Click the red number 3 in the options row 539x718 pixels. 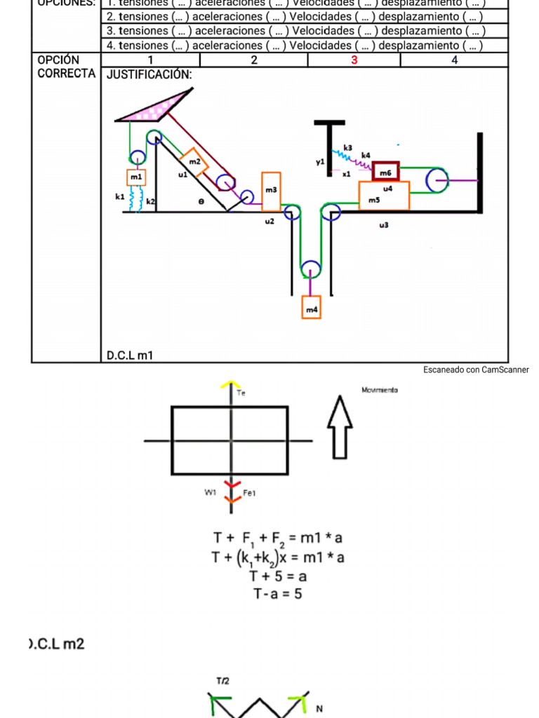(354, 60)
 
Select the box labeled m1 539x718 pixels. (135, 177)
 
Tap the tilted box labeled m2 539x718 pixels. (194, 162)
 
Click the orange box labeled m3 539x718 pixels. (271, 191)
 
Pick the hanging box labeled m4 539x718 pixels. (311, 308)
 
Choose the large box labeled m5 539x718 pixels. (383, 196)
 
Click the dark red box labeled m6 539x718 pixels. (385, 171)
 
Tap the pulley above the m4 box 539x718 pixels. (310, 270)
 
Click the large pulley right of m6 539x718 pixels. (437, 181)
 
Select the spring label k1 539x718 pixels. (120, 198)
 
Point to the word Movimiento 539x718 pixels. (380, 390)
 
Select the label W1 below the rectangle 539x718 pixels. (209, 492)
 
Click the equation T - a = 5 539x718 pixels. (278, 594)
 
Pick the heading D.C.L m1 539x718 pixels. (129, 356)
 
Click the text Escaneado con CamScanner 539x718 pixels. (475, 370)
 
